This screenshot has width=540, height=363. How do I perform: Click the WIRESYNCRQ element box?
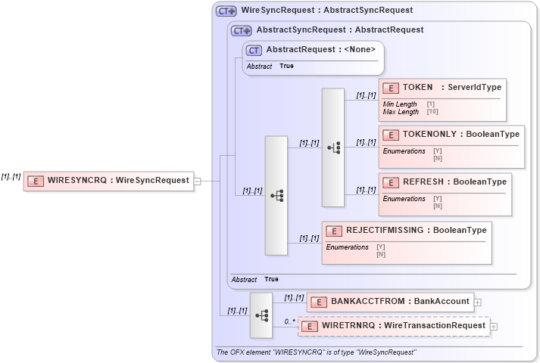[x=108, y=181]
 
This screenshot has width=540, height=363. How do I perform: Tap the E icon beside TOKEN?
[x=392, y=88]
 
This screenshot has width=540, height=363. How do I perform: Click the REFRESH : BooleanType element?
[x=444, y=182]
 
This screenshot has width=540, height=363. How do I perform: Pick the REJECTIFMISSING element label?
[x=416, y=230]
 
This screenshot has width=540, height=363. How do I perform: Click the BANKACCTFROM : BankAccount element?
[x=390, y=301]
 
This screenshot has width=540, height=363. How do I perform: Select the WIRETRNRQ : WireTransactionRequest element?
[x=394, y=326]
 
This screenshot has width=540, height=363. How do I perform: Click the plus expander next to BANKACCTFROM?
[x=478, y=302]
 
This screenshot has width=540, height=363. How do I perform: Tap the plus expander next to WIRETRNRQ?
[x=494, y=327]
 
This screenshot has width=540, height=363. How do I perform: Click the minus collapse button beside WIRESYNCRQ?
[x=197, y=181]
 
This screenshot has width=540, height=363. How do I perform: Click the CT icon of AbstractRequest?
[x=254, y=50]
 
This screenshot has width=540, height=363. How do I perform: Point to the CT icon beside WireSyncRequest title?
[x=226, y=11]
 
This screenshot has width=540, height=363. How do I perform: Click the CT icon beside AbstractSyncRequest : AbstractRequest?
[x=242, y=30]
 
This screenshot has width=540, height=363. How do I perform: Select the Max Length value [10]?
[x=432, y=112]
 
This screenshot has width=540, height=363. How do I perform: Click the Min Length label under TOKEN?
[x=400, y=104]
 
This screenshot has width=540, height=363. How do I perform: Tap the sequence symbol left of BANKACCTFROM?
[x=261, y=315]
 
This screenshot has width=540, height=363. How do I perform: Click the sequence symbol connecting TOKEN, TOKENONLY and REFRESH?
[x=333, y=147]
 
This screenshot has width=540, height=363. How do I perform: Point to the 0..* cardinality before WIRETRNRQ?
[x=289, y=321]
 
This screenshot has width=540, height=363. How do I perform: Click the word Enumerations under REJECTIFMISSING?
[x=347, y=247]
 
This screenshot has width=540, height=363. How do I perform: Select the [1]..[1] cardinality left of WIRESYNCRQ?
[x=11, y=176]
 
